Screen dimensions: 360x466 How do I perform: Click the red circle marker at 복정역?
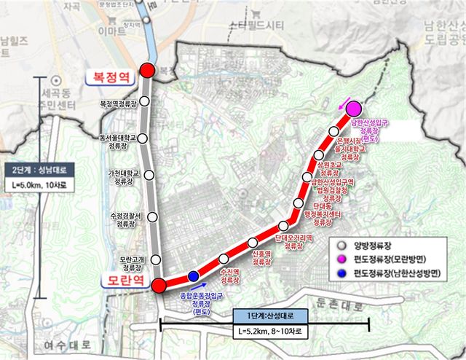pos(147,70)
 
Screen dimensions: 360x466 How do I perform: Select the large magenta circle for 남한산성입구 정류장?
pos(344,109)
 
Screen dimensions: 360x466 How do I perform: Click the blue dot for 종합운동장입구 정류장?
pos(192,276)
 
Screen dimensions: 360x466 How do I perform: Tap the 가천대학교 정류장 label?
pos(121,178)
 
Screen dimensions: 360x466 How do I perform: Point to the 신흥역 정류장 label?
pos(262,257)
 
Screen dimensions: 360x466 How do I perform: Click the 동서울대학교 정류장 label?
pos(119,140)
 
